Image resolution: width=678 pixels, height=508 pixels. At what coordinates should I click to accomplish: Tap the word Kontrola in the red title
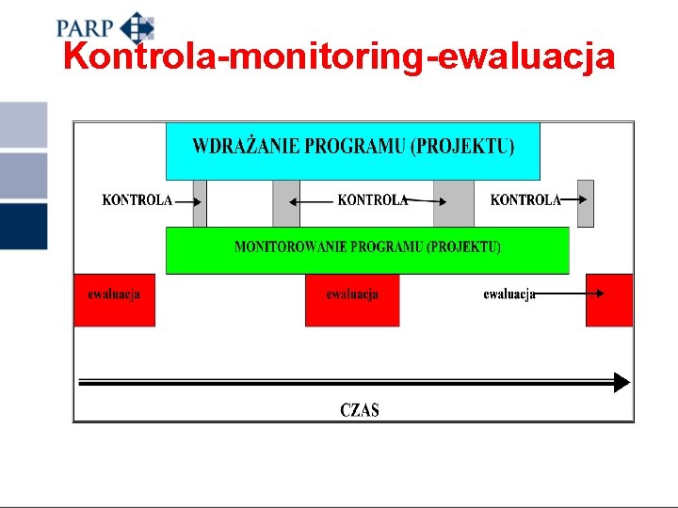139,57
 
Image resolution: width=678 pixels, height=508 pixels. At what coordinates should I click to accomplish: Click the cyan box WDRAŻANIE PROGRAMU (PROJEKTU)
353,151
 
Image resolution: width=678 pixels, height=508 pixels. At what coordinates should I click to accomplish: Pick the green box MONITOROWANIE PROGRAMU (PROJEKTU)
367,250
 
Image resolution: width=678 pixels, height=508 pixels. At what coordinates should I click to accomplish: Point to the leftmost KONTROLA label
137,200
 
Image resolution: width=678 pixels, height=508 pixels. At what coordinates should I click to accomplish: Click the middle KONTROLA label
373,200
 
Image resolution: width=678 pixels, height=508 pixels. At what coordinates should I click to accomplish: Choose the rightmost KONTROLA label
525,200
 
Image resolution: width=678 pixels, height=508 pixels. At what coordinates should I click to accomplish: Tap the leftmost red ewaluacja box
114,300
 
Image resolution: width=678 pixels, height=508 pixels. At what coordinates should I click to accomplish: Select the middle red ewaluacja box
352,300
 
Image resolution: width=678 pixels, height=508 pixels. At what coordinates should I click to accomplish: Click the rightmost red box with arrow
609,300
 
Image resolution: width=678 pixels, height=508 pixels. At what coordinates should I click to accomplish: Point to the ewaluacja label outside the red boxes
509,294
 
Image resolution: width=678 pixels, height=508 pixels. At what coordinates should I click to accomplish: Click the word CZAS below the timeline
360,410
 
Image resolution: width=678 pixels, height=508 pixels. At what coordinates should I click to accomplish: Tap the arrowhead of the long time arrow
621,382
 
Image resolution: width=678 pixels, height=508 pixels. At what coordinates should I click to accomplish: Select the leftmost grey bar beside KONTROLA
200,203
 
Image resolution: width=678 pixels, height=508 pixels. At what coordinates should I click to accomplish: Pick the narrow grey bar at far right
586,203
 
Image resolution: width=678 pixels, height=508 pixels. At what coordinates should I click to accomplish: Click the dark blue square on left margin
24,226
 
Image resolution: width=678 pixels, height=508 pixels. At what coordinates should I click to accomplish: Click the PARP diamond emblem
137,27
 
